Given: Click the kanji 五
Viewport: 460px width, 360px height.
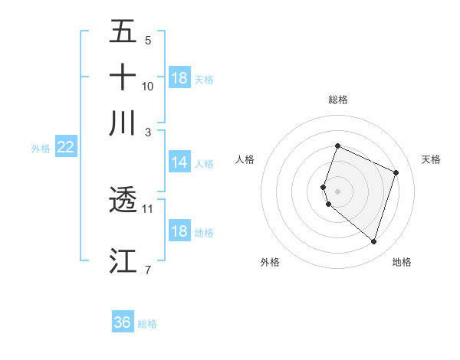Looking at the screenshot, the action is (x=123, y=32).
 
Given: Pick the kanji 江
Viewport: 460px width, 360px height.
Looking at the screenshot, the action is (x=123, y=260).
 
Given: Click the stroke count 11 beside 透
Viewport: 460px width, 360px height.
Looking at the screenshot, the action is (x=148, y=208).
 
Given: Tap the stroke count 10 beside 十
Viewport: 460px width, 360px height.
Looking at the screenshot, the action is (x=148, y=86).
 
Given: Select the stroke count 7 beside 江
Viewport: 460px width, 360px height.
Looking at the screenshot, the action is (x=148, y=269).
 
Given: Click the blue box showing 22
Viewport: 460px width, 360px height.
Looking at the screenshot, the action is (x=66, y=148).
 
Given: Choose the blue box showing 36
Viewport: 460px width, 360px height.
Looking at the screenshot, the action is (x=123, y=322).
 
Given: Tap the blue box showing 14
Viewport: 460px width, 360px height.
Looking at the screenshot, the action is (x=179, y=162).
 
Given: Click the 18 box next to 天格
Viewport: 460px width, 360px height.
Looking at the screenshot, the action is (x=179, y=78).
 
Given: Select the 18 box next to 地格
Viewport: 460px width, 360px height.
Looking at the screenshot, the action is (x=179, y=232).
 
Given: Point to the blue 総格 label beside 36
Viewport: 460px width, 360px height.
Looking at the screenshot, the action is (x=147, y=324).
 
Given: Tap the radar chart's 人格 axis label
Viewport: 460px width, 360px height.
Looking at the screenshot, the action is (x=245, y=159).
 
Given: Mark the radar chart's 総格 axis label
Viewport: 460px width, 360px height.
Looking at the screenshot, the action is (x=338, y=100).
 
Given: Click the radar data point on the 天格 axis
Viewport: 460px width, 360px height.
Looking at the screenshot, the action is (x=396, y=172).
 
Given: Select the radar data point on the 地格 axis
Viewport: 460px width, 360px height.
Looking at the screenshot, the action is (x=373, y=242).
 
